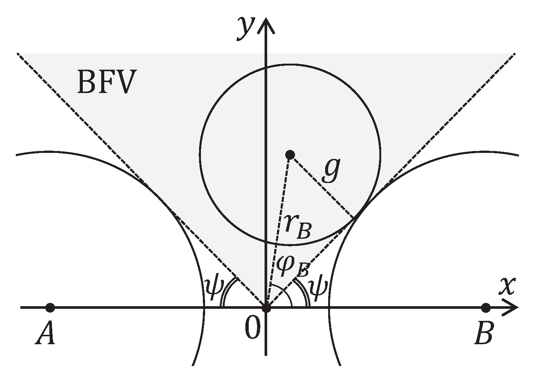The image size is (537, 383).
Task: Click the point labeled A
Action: [x=50, y=308]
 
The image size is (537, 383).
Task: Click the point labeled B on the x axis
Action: [x=486, y=308]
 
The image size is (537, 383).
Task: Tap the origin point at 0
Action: [x=266, y=308]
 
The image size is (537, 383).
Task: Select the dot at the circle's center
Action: [x=290, y=154]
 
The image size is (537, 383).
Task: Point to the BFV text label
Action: [x=105, y=82]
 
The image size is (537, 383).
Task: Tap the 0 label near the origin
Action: [x=253, y=328]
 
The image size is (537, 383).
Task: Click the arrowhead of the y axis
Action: [x=266, y=23]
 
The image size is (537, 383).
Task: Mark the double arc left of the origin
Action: [x=228, y=291]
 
